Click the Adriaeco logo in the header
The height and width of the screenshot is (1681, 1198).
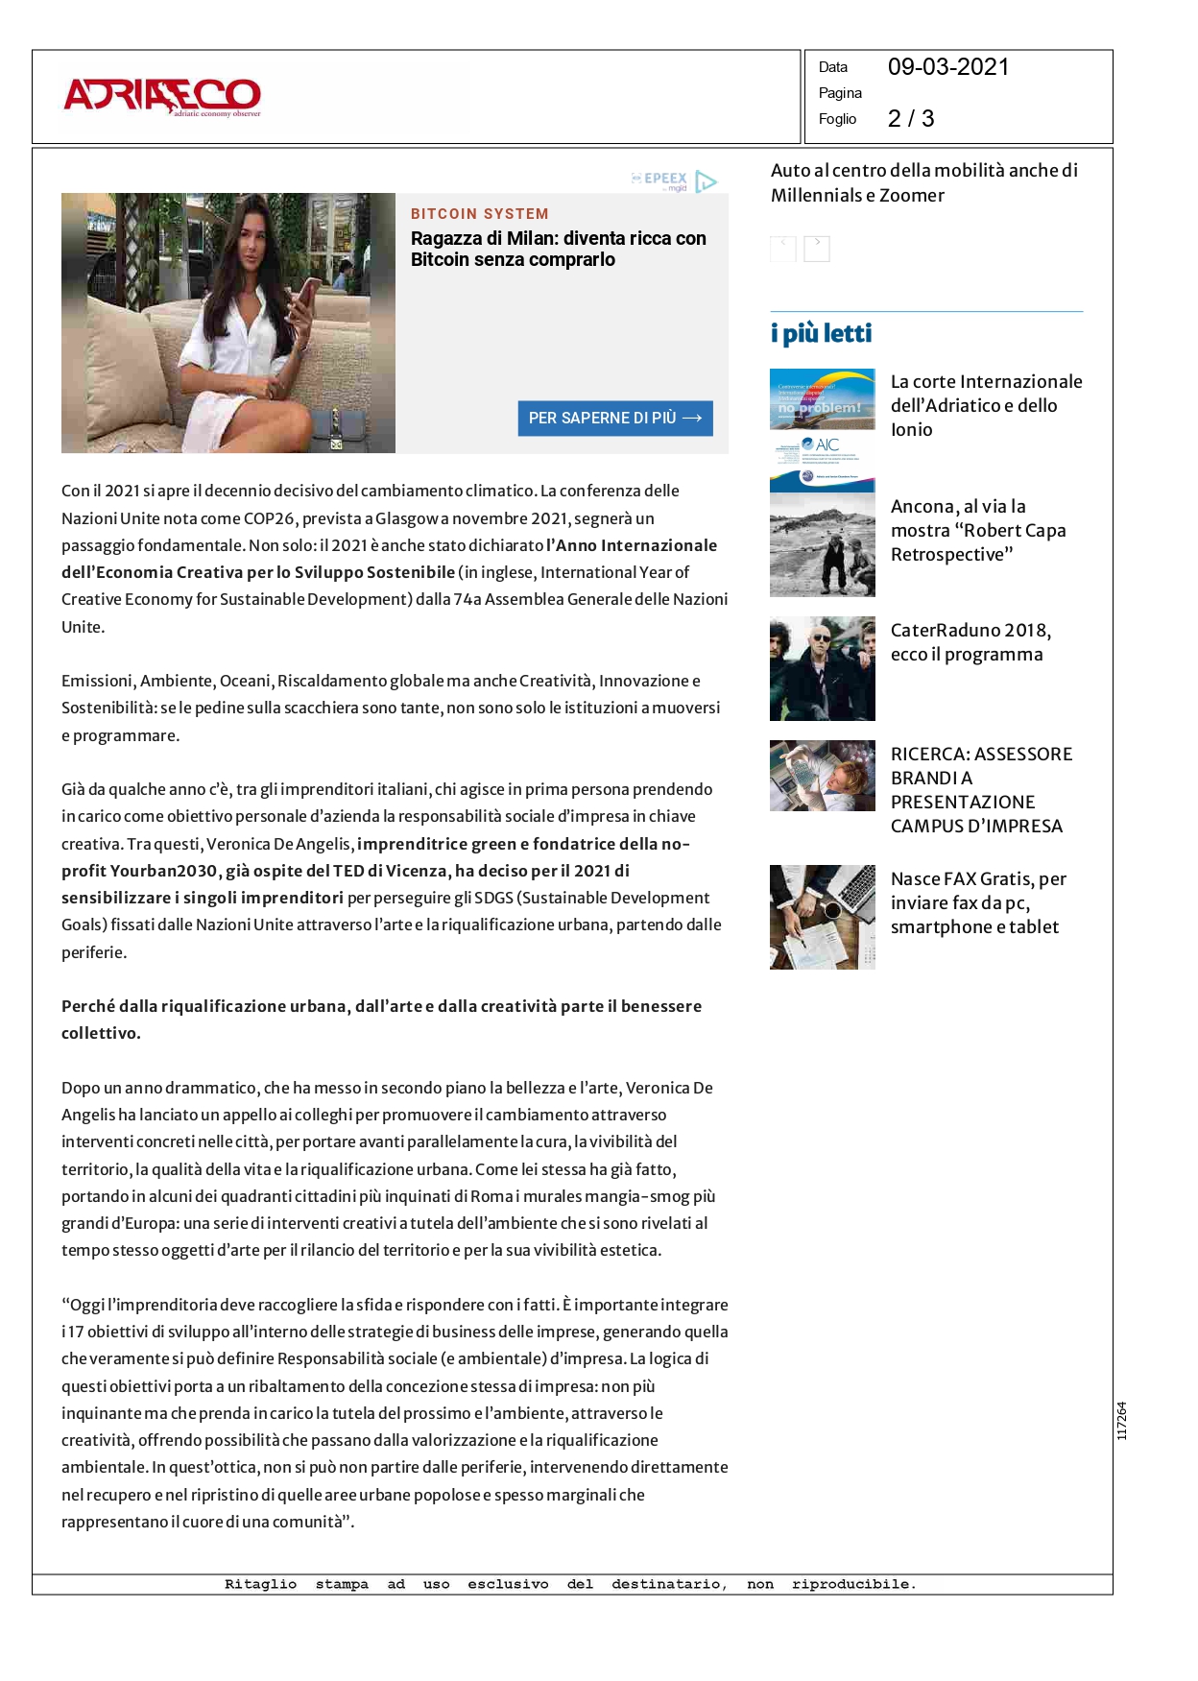(162, 97)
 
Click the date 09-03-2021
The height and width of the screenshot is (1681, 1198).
(947, 67)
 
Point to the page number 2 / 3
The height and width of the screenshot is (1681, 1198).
(910, 118)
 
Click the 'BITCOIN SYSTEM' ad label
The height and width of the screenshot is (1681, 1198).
(479, 214)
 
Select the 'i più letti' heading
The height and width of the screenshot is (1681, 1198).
(821, 333)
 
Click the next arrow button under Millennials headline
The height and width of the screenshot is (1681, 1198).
(816, 248)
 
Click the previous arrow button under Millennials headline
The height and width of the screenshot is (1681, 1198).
(782, 248)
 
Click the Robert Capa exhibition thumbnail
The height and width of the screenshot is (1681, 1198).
(822, 544)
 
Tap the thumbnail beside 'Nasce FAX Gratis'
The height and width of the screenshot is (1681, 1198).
(822, 916)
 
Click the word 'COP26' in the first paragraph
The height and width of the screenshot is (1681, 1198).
(269, 518)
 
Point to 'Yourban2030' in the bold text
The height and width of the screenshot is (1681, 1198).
(163, 871)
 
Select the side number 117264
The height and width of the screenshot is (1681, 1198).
(1121, 1421)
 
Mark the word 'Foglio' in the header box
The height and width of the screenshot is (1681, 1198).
(837, 119)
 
